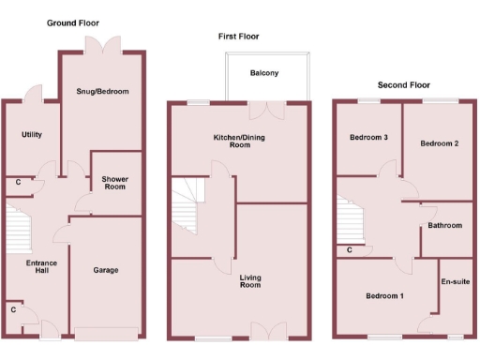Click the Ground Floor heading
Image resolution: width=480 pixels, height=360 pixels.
point(72,22)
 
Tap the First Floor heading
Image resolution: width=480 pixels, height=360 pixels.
point(239,37)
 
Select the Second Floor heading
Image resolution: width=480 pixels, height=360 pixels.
point(404,85)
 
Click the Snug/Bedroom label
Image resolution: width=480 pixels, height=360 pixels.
point(102,91)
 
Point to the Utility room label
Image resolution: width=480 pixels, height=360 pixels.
point(31,135)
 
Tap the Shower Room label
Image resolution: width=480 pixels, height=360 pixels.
point(115,182)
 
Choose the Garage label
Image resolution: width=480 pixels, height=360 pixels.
point(105,270)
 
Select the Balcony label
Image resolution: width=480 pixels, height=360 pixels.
point(264,73)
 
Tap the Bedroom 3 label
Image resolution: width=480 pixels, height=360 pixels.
point(368,138)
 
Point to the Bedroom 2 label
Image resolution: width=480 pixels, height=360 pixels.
point(439,143)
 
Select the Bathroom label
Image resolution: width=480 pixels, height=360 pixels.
point(444,226)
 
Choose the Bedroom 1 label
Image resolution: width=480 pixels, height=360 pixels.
point(384,296)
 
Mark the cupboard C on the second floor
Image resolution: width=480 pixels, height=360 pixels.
point(349,250)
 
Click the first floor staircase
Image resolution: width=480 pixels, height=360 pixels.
point(185,206)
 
